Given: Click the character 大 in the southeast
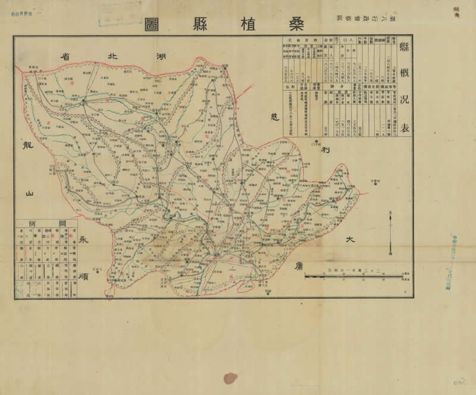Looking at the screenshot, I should click(350, 239).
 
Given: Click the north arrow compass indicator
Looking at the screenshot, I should click(390, 232).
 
